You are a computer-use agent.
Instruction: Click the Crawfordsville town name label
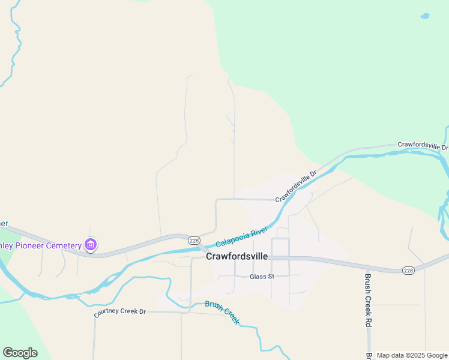237,256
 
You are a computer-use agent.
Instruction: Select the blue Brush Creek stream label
222,311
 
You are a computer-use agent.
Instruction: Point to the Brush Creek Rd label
368,300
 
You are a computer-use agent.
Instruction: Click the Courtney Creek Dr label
120,312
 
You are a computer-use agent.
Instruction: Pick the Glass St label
262,277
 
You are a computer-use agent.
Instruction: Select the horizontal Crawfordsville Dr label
423,146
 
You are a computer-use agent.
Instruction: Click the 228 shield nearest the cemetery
194,240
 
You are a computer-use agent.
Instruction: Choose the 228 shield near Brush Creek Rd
409,271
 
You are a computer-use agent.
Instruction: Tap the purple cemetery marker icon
91,245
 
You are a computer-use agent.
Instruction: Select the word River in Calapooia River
259,231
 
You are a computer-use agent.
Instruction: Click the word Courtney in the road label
106,313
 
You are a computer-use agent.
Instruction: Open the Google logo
20,353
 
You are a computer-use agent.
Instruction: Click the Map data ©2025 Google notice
412,356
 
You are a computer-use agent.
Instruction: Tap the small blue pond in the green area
425,16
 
